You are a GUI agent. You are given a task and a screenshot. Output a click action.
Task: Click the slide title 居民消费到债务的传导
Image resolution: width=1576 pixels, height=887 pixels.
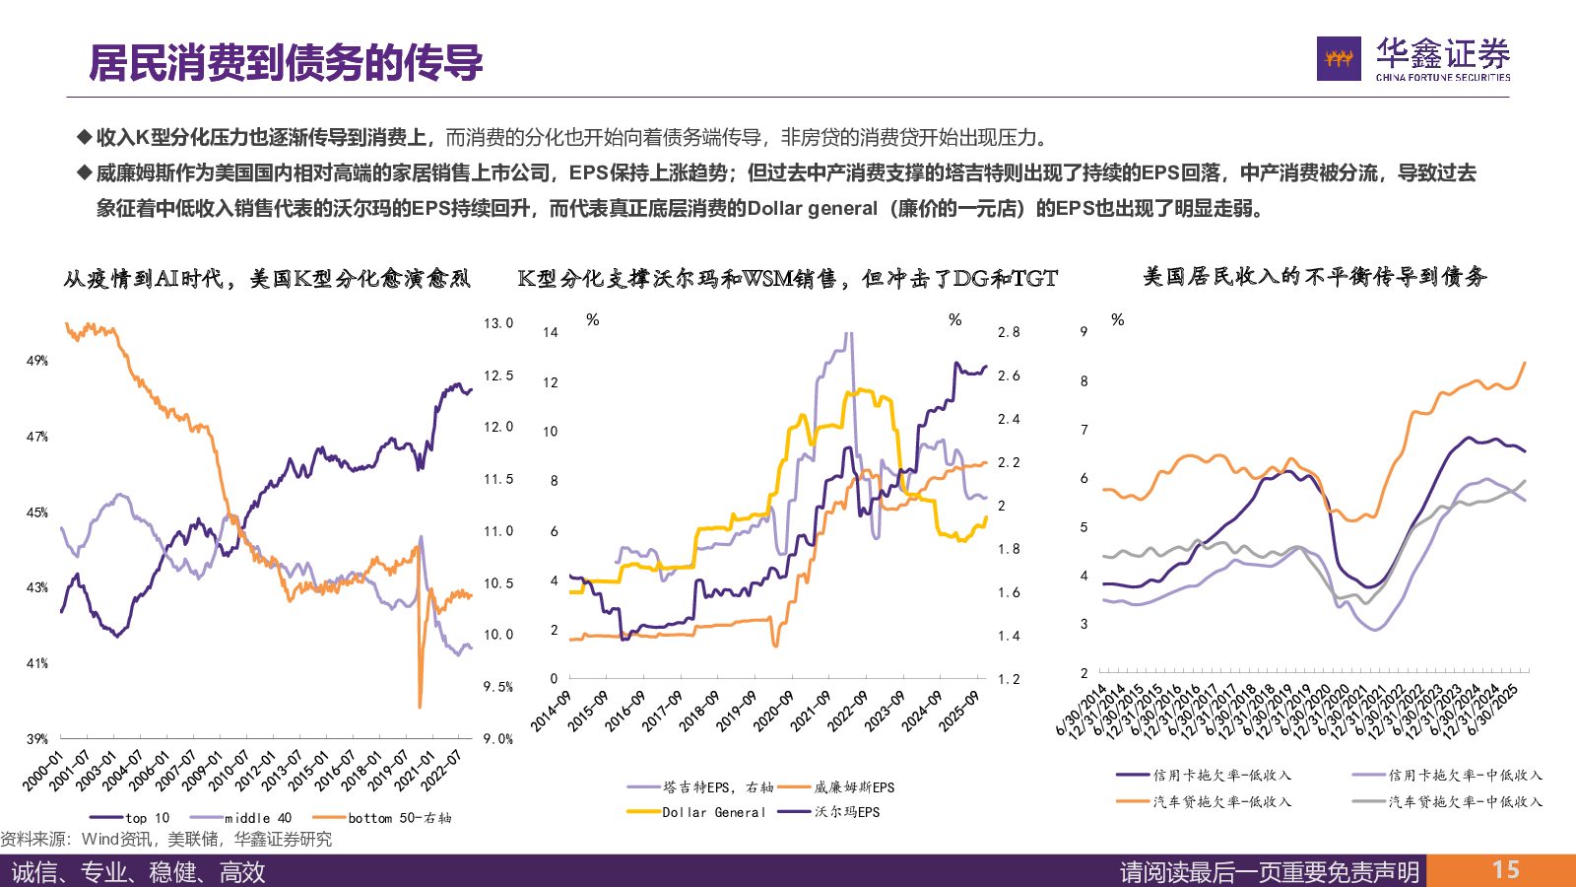click(286, 63)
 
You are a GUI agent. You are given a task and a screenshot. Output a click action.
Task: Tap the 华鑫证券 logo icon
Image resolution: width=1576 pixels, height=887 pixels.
click(1339, 59)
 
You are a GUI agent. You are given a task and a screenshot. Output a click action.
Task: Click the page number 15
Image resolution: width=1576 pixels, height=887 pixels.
click(1505, 870)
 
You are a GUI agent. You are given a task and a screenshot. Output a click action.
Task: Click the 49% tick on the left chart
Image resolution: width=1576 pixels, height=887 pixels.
click(37, 361)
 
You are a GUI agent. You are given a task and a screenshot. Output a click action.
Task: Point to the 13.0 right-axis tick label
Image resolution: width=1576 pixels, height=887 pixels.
click(498, 323)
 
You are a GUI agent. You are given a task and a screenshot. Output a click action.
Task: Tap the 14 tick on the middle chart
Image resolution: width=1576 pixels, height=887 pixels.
click(551, 332)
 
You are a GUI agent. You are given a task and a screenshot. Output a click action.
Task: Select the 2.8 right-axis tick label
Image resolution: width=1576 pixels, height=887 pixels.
click(1009, 332)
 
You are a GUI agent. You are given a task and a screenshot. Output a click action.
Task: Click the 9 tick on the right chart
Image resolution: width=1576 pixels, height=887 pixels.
click(1083, 331)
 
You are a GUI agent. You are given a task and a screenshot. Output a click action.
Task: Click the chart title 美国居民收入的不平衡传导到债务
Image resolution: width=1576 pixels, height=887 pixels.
click(1315, 277)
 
